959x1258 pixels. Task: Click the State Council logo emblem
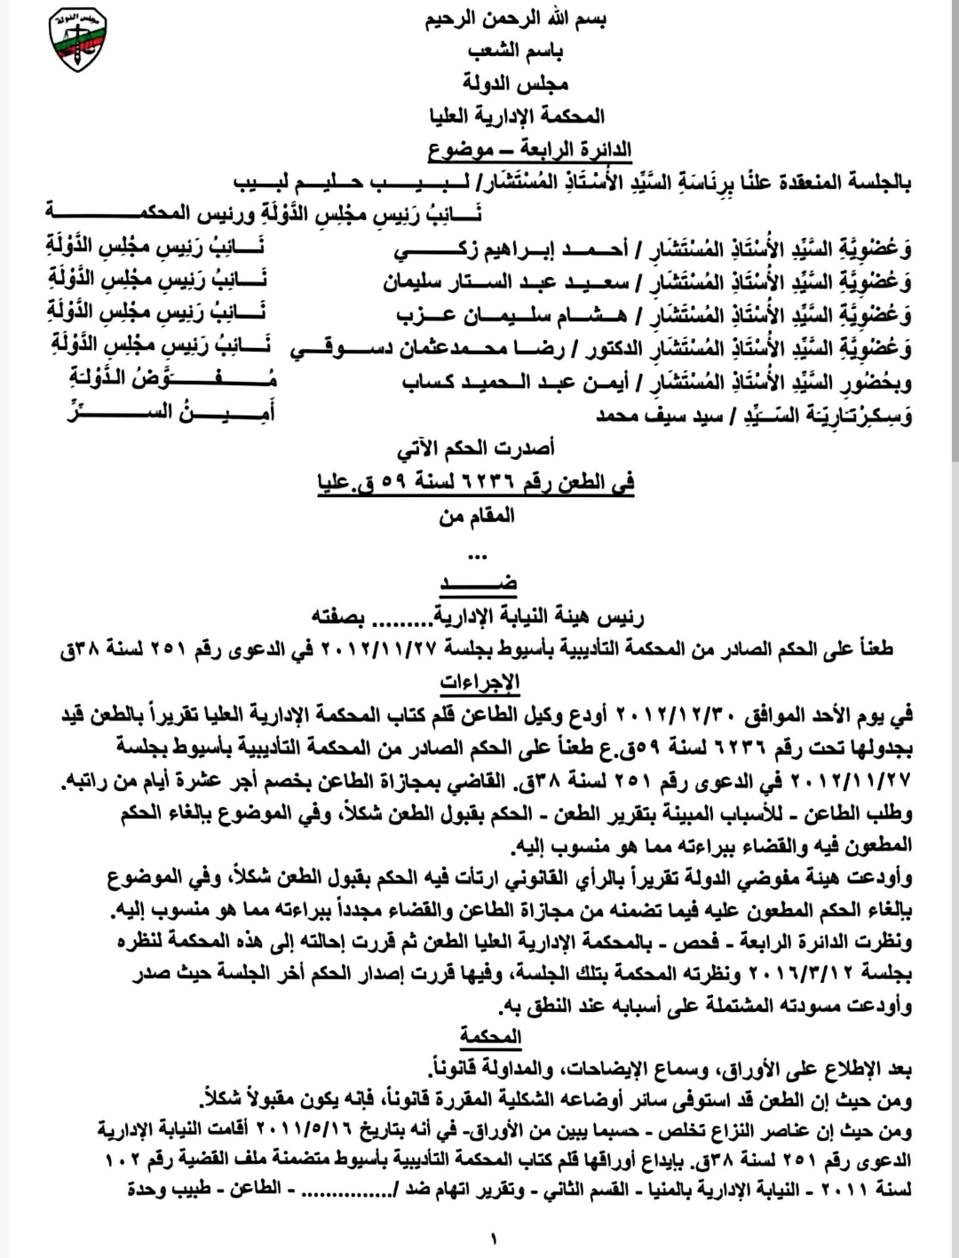79,42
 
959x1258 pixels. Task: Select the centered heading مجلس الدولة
516,83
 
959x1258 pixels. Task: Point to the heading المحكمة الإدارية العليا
516,115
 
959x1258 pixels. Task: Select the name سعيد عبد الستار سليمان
504,284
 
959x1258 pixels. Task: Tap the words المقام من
477,516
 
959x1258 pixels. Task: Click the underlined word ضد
479,582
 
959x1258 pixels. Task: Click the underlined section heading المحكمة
490,1037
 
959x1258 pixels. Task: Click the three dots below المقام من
477,557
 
